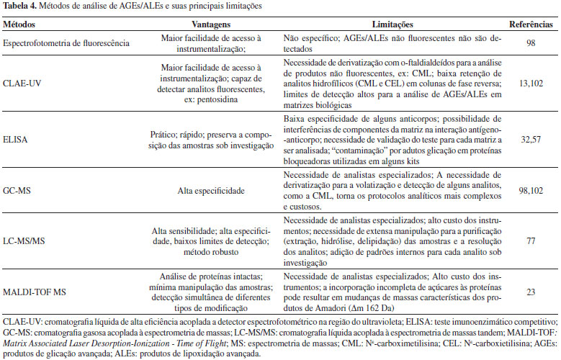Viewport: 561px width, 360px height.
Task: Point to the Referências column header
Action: pyautogui.click(x=531, y=24)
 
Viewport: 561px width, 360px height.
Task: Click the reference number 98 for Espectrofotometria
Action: pyautogui.click(x=531, y=43)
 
